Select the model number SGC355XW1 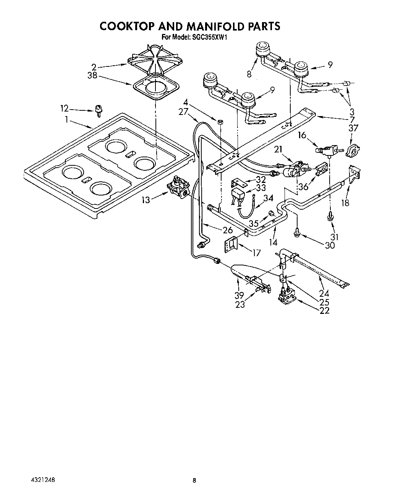coord(210,37)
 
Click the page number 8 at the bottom coord(194,481)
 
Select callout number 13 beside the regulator coord(146,199)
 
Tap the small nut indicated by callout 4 coord(220,122)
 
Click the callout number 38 coord(92,76)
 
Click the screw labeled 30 coord(297,231)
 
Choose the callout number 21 coord(278,150)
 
